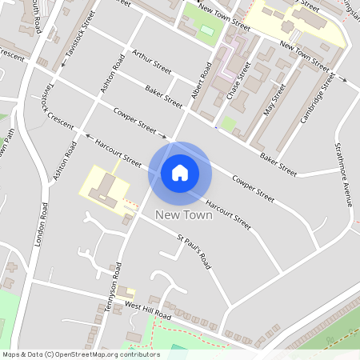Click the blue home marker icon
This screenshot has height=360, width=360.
tap(180, 172)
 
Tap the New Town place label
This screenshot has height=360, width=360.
tap(184, 214)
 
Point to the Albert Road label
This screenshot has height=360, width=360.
tap(201, 81)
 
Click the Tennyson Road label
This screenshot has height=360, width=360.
tap(117, 283)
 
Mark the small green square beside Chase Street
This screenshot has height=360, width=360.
tap(229, 124)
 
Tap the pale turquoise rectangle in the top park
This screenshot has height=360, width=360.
tap(207, 30)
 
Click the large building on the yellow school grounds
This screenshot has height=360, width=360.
tap(105, 189)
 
